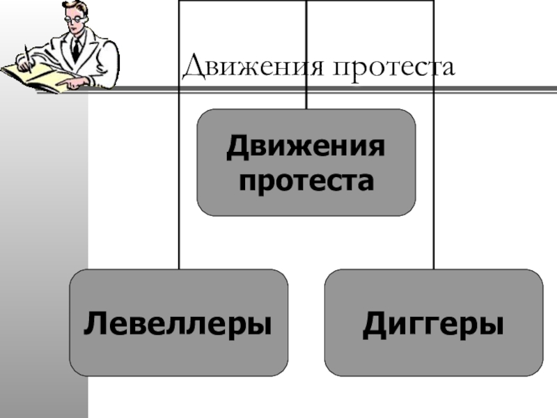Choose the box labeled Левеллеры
178,323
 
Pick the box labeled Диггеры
433,323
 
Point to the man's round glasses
75,19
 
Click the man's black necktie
76,48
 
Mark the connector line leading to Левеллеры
179,174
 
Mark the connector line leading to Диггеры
433,174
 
